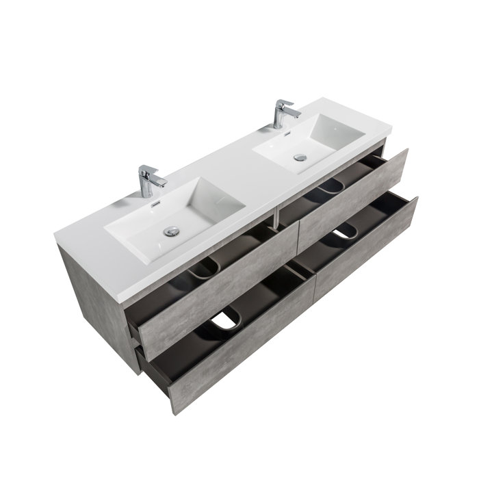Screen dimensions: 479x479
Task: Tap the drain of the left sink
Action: [x=172, y=231]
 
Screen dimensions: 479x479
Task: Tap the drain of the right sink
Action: [x=300, y=157]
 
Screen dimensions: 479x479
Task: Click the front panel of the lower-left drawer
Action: [x=233, y=349]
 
